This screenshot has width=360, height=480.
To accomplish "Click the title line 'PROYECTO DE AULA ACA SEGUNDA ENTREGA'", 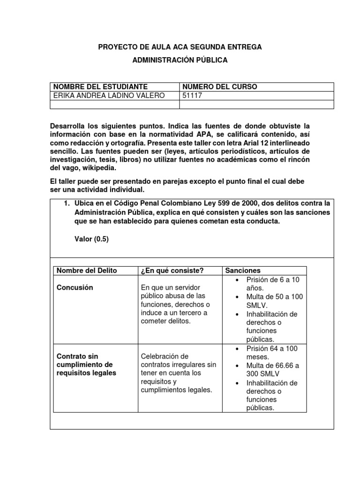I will pyautogui.click(x=180, y=47).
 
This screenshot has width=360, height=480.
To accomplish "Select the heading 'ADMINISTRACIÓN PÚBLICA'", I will pyautogui.click(x=180, y=60).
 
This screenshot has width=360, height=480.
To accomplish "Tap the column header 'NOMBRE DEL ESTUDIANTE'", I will pyautogui.click(x=101, y=87).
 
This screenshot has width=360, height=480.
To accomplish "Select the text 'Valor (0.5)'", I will pyautogui.click(x=91, y=239).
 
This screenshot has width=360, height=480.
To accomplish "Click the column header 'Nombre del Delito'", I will pyautogui.click(x=87, y=270).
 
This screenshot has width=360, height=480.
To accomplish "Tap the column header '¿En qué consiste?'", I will pyautogui.click(x=172, y=270).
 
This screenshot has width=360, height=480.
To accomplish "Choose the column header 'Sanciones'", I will pyautogui.click(x=243, y=270).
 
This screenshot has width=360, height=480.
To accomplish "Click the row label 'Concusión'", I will pyautogui.click(x=75, y=287).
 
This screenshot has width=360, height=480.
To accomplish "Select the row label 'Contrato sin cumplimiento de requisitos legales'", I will pyautogui.click(x=86, y=365).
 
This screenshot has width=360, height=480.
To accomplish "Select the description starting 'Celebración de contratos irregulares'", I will pyautogui.click(x=178, y=373).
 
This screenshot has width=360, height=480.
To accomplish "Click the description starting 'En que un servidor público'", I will pyautogui.click(x=174, y=304).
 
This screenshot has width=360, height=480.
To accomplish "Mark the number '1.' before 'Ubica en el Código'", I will pyautogui.click(x=67, y=203).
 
